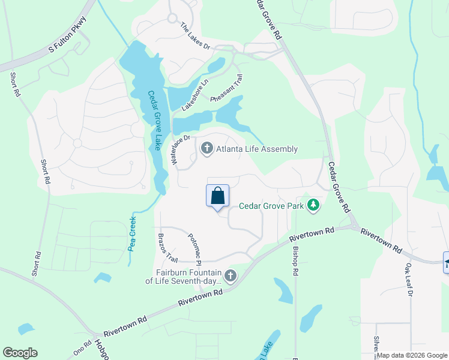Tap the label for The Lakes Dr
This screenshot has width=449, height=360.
[x=196, y=37]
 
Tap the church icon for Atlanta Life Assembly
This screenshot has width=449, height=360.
[x=207, y=148]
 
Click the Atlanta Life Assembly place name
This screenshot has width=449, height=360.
[x=257, y=149]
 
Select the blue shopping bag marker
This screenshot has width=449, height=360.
[x=217, y=196]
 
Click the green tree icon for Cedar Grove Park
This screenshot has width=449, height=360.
[x=313, y=206]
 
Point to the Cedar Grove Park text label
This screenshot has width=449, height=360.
[x=271, y=206]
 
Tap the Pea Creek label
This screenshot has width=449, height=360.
[x=133, y=233]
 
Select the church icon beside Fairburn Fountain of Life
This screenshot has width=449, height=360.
[x=230, y=276]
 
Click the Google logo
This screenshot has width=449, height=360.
[x=20, y=353]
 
